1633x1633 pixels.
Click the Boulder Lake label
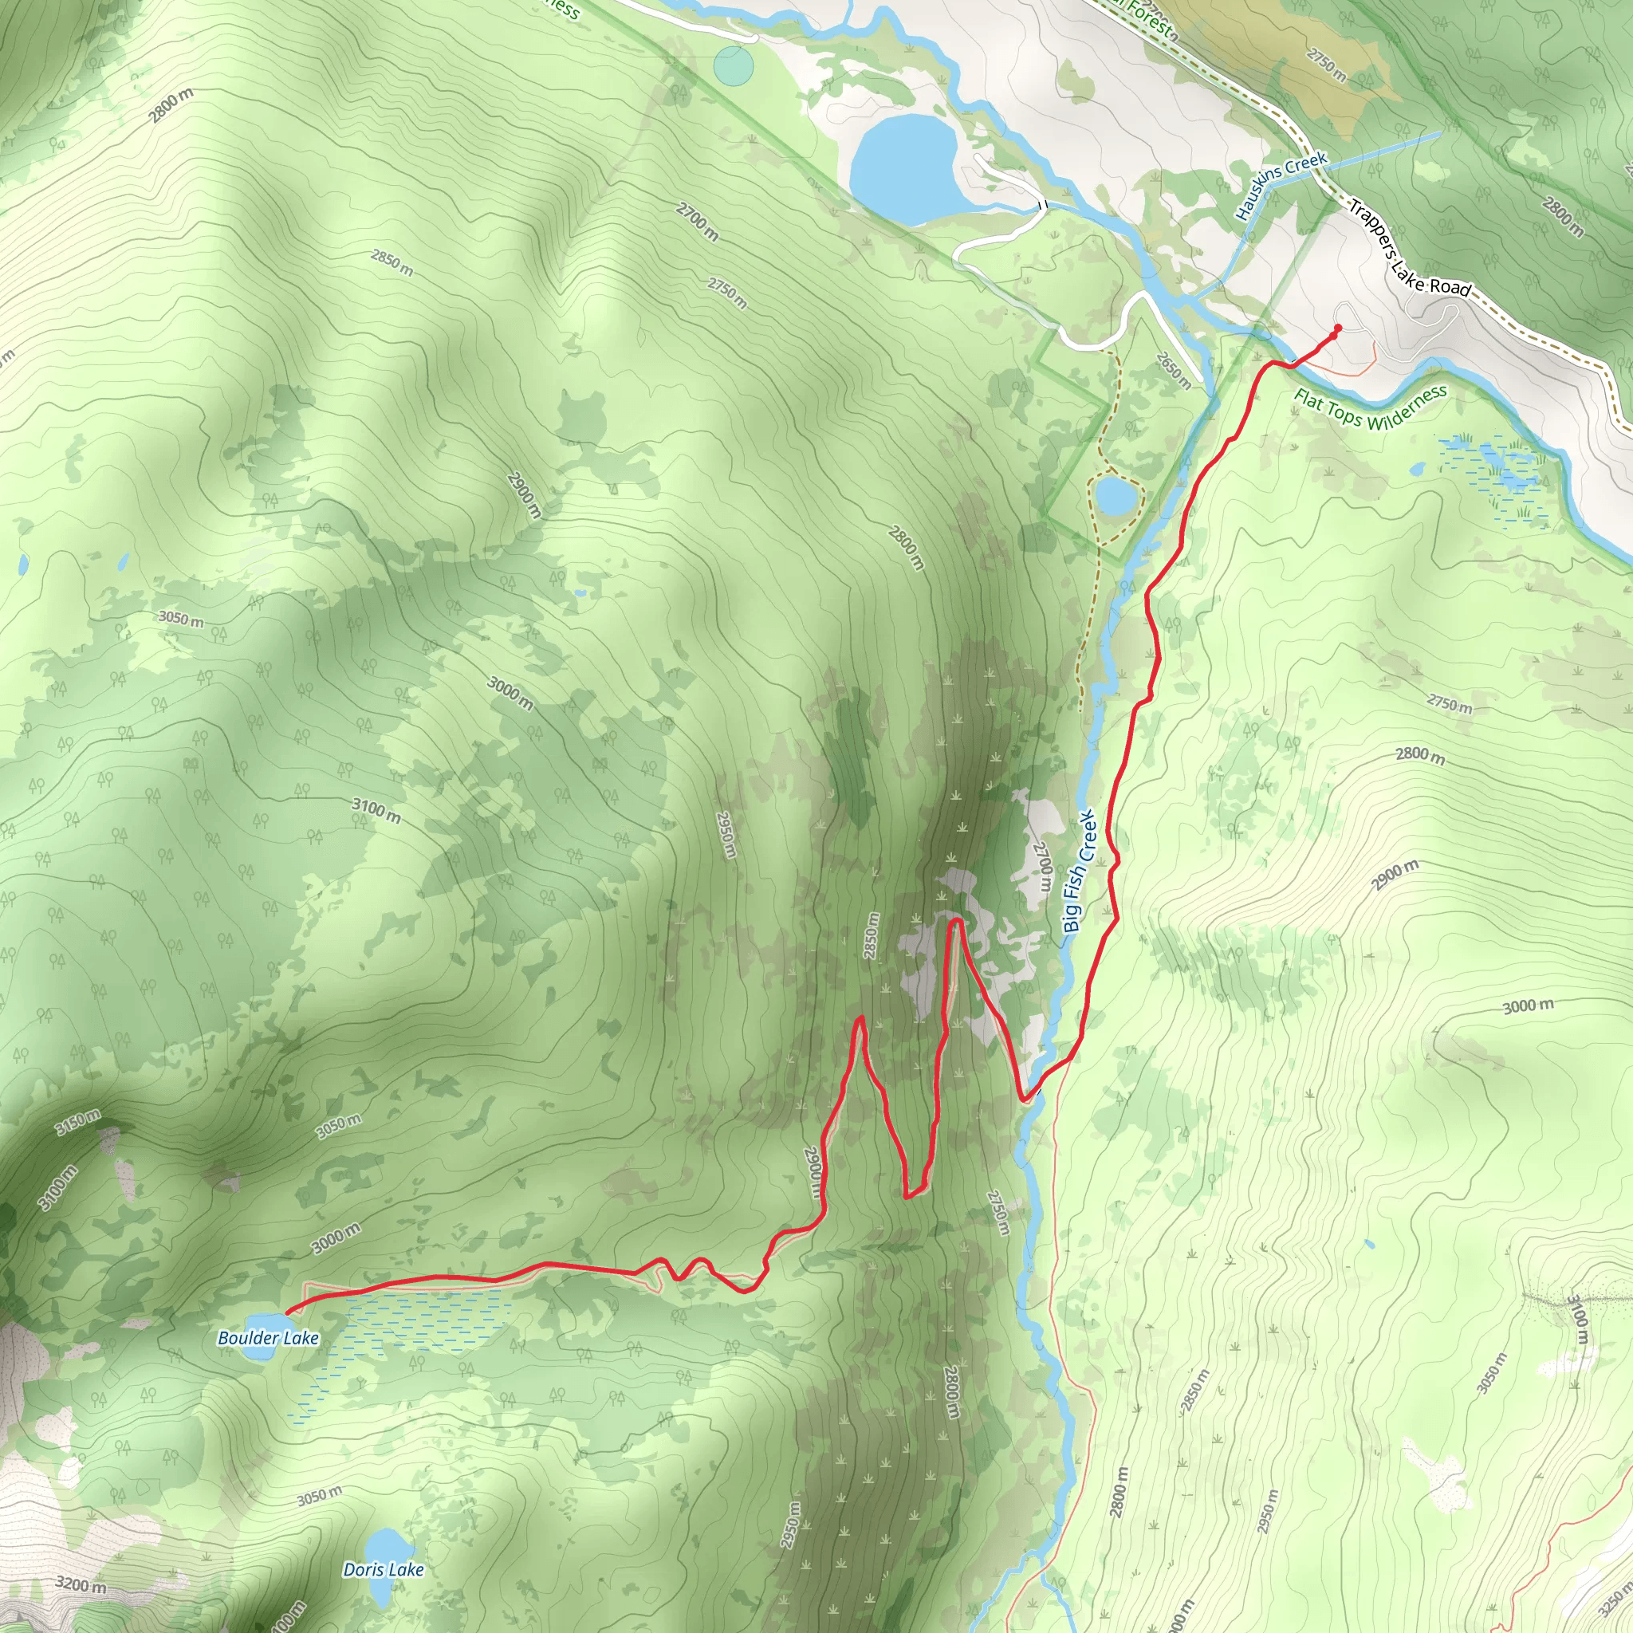pos(268,1338)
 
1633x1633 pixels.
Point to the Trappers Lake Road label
pos(1409,248)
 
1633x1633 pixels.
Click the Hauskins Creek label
pos(1281,184)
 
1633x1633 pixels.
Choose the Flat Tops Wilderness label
pos(1370,407)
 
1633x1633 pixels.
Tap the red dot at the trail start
pos(1337,328)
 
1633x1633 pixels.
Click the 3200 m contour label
pos(81,1584)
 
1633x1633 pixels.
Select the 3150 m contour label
pos(78,1123)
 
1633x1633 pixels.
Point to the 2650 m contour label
pos(1173,370)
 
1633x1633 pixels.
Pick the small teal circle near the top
pos(733,65)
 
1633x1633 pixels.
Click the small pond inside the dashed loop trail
pos(1116,496)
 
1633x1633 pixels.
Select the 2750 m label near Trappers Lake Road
pos(1326,65)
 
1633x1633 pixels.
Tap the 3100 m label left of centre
pos(376,811)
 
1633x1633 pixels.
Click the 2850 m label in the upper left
pos(392,262)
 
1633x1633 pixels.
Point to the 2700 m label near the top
pos(698,222)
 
